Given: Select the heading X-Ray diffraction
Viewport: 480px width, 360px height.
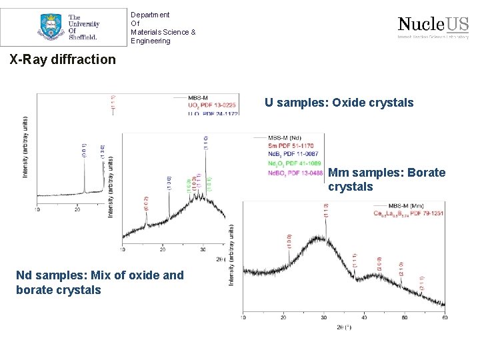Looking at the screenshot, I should pyautogui.click(x=63, y=59).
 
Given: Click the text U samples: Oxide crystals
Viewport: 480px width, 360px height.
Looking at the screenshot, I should pyautogui.click(x=339, y=103).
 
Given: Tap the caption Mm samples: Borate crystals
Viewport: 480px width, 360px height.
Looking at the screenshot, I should pyautogui.click(x=386, y=179).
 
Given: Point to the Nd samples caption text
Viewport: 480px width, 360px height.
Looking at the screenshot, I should pyautogui.click(x=99, y=282).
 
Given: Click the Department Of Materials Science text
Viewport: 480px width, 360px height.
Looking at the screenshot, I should pyautogui.click(x=163, y=27).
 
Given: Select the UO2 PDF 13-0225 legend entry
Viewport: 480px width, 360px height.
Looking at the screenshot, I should pyautogui.click(x=211, y=105).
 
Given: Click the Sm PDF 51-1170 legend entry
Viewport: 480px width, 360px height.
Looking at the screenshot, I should pyautogui.click(x=291, y=145).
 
